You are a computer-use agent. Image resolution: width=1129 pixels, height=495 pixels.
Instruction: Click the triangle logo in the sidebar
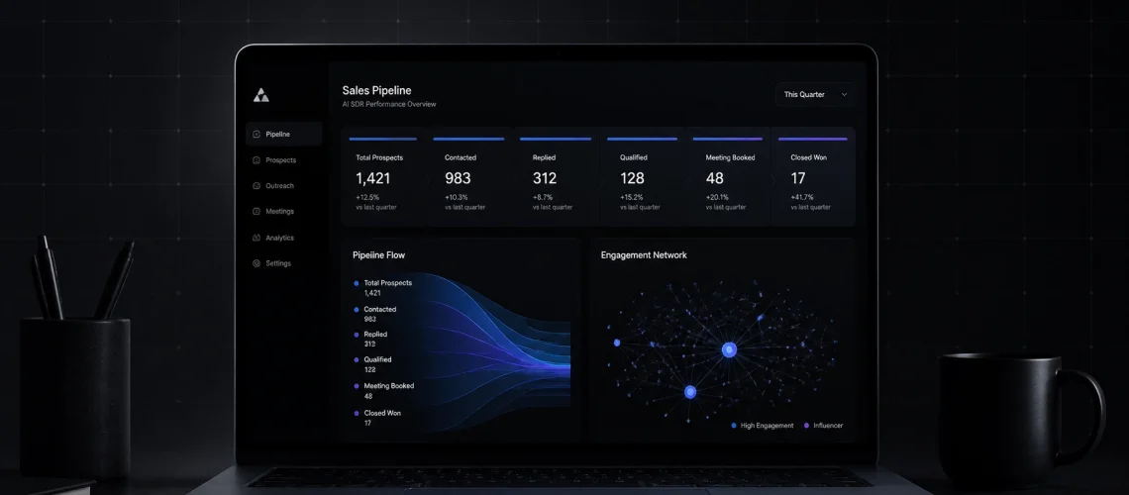tap(261, 95)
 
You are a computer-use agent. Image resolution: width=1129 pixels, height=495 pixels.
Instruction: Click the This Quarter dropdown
tap(815, 94)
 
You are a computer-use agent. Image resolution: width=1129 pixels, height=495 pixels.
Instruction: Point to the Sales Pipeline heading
tap(376, 91)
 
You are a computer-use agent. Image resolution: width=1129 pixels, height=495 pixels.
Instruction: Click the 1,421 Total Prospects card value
tap(373, 178)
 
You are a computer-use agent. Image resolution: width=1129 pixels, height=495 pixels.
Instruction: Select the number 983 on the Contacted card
tap(458, 178)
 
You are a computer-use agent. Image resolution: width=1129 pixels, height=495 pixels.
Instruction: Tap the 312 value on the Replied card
tap(545, 178)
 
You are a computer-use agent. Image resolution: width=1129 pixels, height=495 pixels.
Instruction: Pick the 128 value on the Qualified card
tap(632, 178)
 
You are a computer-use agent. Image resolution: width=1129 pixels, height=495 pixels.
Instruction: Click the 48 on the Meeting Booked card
tap(714, 178)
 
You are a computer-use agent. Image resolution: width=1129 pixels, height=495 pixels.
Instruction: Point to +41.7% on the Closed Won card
tap(802, 197)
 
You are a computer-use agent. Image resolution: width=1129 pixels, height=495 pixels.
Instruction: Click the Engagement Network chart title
tap(644, 254)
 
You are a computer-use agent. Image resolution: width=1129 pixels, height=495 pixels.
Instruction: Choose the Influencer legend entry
tap(823, 426)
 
